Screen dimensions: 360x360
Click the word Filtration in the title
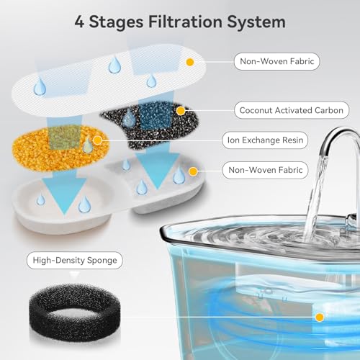[185, 22]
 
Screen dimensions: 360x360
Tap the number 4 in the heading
[79, 22]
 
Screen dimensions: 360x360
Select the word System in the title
[256, 23]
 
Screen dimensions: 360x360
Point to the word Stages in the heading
[116, 23]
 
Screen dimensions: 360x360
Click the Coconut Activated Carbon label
[292, 110]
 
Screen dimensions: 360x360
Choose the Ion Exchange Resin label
[265, 140]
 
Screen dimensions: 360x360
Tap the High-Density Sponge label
[75, 260]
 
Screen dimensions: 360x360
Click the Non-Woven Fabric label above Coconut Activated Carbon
[277, 61]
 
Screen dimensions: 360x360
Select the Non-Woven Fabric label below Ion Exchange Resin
[265, 170]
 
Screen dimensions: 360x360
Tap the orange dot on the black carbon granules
[181, 111]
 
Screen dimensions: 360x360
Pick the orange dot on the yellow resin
[97, 140]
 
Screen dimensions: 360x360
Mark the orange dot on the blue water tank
[320, 317]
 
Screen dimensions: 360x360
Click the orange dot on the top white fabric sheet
[190, 62]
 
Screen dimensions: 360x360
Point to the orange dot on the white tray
[193, 171]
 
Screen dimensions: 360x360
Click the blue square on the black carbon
[156, 117]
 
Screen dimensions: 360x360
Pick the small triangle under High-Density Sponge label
[74, 274]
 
